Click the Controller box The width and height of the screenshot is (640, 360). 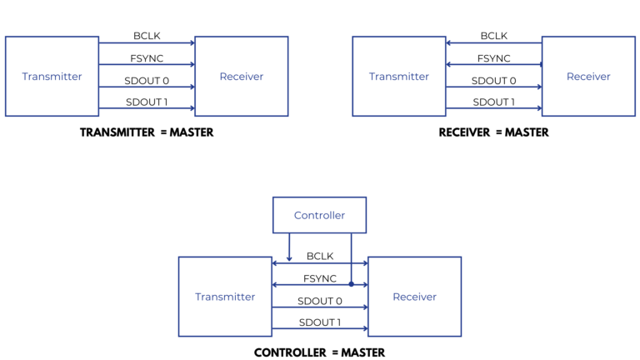click(319, 215)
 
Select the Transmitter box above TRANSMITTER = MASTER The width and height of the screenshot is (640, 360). click(52, 76)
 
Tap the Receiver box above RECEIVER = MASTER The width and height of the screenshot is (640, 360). click(588, 76)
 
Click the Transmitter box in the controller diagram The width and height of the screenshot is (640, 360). click(225, 297)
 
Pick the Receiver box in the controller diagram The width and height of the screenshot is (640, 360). click(414, 297)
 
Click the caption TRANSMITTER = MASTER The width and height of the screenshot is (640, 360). click(147, 132)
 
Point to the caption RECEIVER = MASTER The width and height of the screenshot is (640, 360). click(493, 132)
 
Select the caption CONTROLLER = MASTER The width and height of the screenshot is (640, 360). click(319, 352)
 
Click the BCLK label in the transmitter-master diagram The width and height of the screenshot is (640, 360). click(147, 36)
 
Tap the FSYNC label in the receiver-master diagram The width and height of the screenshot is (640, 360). click(494, 58)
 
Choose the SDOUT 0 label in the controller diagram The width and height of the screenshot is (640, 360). click(320, 301)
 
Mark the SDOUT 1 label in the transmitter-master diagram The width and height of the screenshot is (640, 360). click(147, 102)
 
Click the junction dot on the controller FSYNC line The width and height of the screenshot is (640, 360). click(351, 284)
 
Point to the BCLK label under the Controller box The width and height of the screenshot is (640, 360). click(320, 257)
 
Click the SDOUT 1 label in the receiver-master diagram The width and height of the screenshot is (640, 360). click(494, 102)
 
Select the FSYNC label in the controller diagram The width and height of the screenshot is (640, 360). click(320, 278)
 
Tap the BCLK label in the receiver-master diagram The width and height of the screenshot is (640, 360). click(494, 36)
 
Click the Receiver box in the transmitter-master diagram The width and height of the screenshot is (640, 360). click(242, 76)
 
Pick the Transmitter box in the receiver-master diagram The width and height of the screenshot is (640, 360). click(399, 76)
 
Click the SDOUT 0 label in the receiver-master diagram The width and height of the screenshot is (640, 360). click(494, 81)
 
